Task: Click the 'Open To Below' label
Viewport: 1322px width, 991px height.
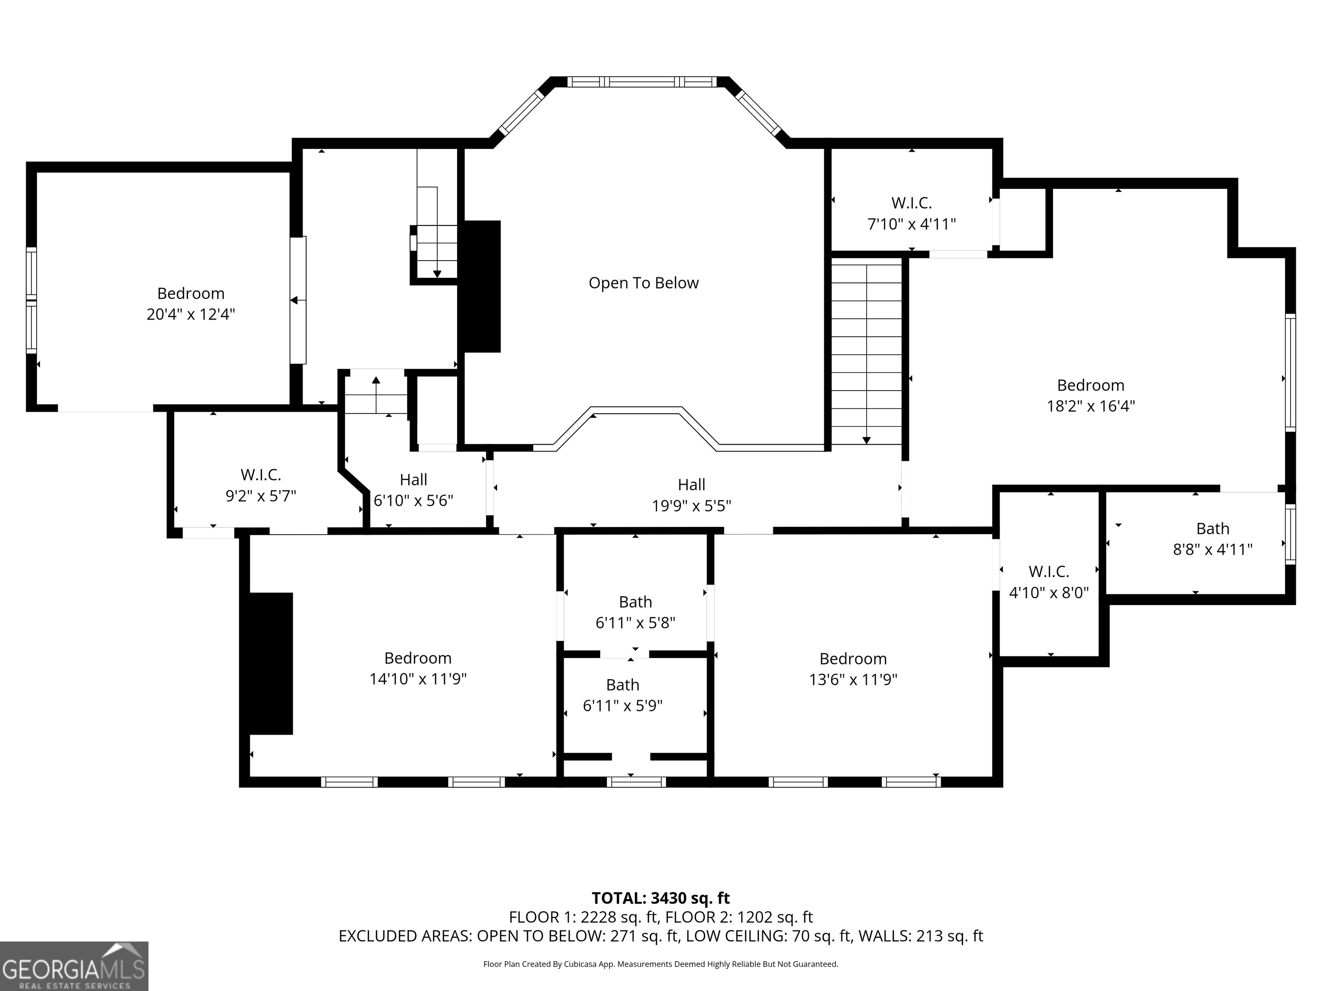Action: [644, 283]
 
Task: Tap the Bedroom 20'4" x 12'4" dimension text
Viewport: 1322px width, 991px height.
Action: [191, 314]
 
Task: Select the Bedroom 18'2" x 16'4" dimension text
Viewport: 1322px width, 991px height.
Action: [1091, 406]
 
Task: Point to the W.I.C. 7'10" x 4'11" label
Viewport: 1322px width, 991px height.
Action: [911, 214]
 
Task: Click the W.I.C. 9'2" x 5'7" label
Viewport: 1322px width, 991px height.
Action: [261, 486]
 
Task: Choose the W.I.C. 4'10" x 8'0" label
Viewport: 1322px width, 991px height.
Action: [1049, 582]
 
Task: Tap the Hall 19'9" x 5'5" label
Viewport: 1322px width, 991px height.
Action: [692, 495]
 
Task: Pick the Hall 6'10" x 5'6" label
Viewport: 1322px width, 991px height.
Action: [414, 490]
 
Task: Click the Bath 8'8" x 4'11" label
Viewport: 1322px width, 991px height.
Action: [1213, 539]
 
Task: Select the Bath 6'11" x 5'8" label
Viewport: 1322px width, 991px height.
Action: [635, 612]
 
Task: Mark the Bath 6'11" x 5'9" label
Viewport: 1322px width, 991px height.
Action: [623, 696]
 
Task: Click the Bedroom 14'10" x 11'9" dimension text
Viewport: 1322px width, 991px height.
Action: [418, 679]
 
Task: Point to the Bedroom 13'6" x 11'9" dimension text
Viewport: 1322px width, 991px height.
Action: [853, 680]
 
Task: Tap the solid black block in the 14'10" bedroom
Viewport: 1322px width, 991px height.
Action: [271, 663]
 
